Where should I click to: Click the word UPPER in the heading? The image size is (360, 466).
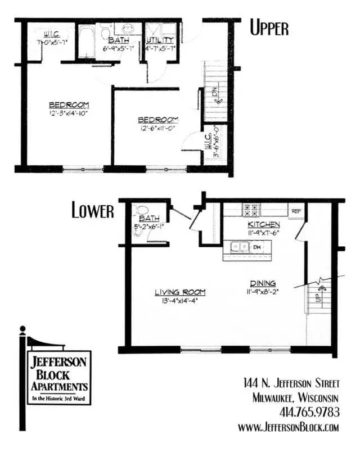[269, 28]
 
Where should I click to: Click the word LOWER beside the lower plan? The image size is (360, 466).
[93, 211]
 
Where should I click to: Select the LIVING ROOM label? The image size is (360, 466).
[180, 292]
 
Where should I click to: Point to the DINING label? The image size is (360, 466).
[263, 284]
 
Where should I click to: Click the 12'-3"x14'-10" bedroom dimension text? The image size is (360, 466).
[69, 113]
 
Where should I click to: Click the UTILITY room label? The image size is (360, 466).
[160, 40]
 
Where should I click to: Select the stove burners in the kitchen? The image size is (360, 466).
[251, 211]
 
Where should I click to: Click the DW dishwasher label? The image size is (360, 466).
[256, 247]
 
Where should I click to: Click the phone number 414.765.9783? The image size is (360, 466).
[310, 412]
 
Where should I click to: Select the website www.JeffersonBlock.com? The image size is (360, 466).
[289, 427]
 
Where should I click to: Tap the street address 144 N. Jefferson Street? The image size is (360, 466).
[292, 384]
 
